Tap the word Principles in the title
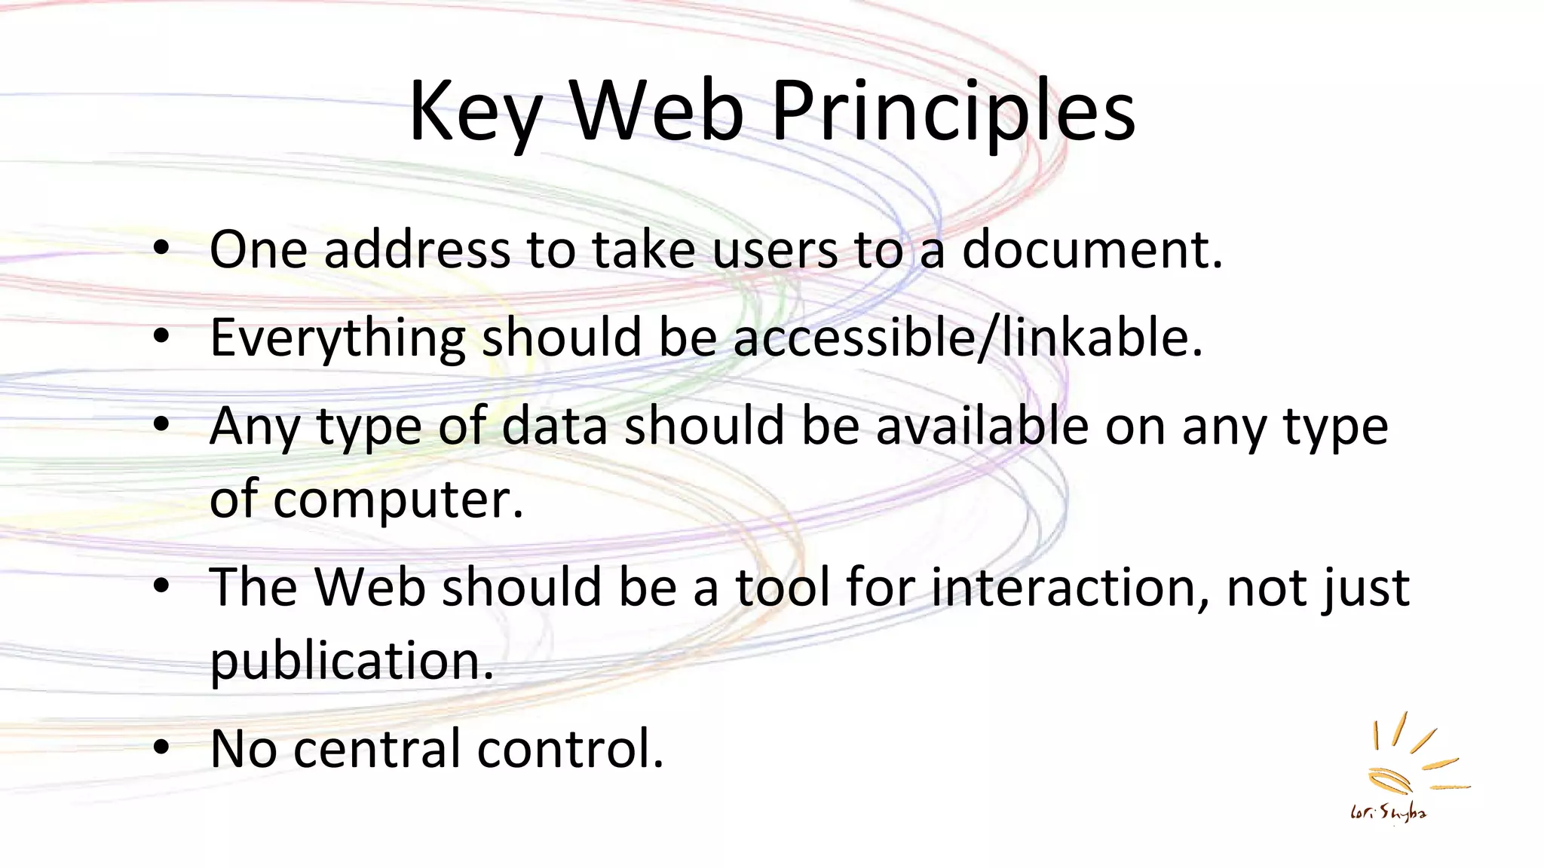[953, 113]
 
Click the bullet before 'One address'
[161, 249]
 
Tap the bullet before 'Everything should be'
[161, 338]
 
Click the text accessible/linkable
[968, 338]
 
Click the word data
[554, 426]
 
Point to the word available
[982, 426]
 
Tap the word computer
[398, 500]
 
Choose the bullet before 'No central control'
[161, 749]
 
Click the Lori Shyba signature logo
[1402, 769]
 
